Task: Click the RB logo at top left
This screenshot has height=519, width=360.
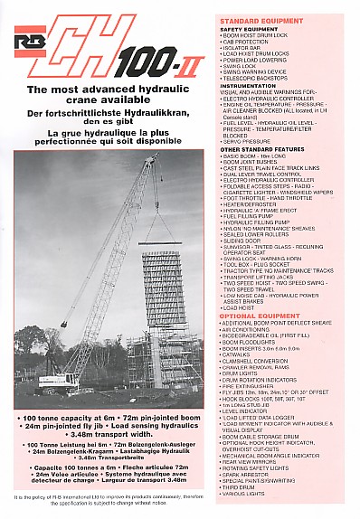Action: tap(29, 40)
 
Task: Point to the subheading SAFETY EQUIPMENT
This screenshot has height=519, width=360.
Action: tap(249, 29)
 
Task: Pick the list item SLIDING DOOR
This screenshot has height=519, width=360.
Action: tap(246, 240)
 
